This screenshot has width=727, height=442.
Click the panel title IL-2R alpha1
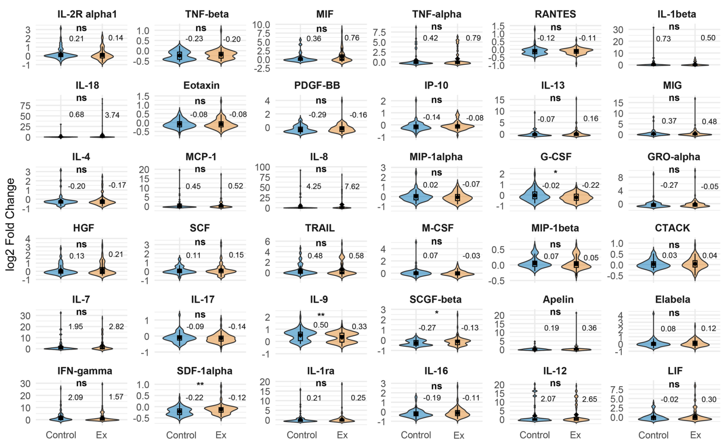click(x=87, y=14)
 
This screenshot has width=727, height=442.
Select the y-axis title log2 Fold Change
click(x=10, y=224)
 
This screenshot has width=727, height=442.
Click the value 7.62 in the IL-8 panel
click(x=352, y=187)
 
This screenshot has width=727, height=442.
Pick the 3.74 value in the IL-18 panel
click(x=112, y=115)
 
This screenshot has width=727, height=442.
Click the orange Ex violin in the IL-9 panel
click(x=342, y=337)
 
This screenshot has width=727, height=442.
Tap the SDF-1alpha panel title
click(x=205, y=371)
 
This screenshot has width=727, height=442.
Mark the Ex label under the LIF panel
click(x=696, y=435)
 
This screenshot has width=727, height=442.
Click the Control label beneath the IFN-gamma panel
click(x=61, y=435)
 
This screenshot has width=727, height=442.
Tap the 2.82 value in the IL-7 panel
click(x=116, y=326)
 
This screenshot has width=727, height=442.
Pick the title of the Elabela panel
click(x=673, y=299)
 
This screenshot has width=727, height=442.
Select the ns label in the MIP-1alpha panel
click(x=437, y=173)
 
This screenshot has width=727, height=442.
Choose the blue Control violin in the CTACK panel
click(x=653, y=264)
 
